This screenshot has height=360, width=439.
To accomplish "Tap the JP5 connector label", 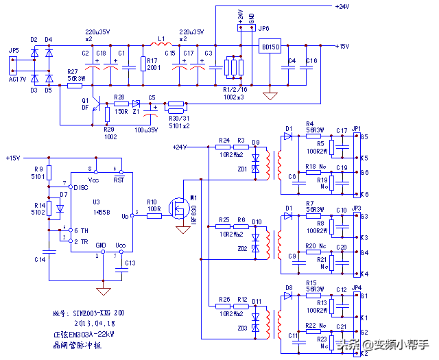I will [12, 51].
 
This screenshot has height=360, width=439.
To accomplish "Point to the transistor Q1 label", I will [85, 100].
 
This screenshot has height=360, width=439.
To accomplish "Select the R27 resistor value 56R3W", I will [76, 78].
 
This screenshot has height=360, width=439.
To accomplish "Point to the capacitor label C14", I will [39, 260].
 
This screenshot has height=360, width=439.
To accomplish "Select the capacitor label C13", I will [130, 263].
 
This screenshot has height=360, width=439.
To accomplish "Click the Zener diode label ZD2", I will [242, 248].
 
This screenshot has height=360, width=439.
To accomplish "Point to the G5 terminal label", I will [364, 136].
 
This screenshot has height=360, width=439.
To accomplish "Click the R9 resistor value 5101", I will [38, 176].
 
